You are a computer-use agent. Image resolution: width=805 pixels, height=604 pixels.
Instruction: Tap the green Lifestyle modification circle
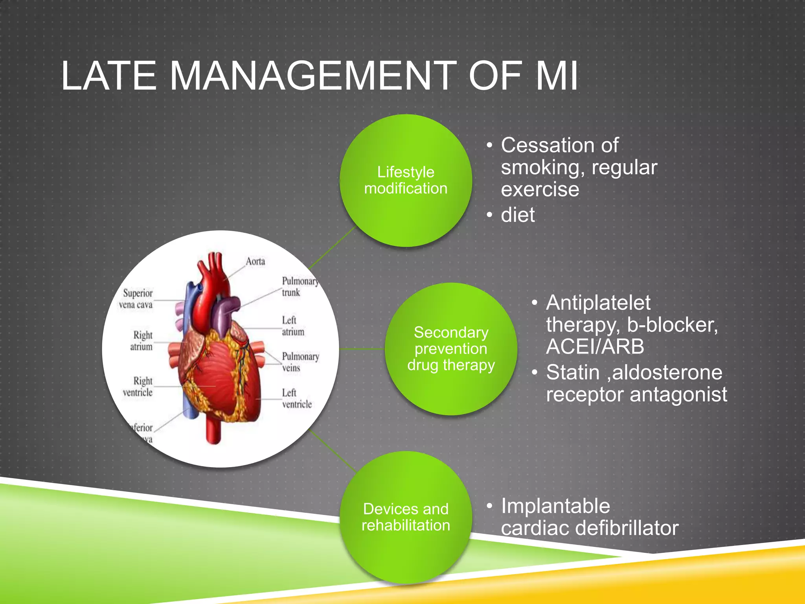coord(406,180)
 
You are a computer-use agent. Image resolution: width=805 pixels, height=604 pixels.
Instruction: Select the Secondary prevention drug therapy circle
coord(451,349)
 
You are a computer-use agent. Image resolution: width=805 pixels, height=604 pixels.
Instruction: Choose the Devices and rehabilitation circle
coord(406,517)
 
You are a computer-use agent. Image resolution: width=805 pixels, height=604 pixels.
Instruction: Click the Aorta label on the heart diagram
coord(255,261)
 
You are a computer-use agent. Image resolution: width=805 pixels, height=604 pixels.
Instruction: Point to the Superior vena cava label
coord(137,299)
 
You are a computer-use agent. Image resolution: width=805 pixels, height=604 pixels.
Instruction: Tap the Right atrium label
coord(142,341)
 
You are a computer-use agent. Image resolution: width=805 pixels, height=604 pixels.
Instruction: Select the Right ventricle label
coord(138,387)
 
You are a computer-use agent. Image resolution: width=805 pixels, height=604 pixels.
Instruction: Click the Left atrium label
coord(292,326)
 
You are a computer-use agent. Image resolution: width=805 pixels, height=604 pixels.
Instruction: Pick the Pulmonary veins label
coord(300,362)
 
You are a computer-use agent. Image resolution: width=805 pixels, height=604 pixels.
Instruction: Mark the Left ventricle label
coord(296,398)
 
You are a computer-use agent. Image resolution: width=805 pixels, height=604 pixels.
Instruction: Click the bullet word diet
coord(518,215)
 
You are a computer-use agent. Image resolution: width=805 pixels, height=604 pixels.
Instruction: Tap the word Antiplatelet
coord(598,303)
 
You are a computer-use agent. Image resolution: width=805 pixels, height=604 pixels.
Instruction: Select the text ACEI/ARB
coord(595,347)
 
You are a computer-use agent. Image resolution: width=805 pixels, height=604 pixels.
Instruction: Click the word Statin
coord(573,372)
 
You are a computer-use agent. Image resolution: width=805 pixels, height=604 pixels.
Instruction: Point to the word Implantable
coord(555,506)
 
